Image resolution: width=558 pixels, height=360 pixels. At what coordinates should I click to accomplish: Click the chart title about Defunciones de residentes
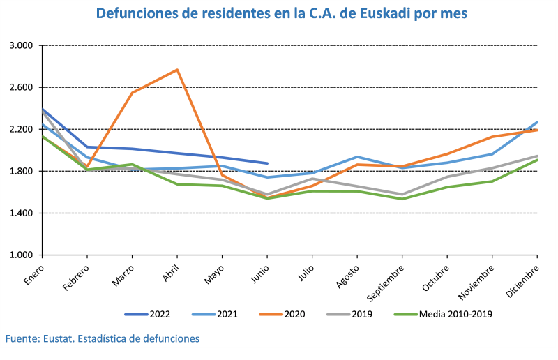(282, 14)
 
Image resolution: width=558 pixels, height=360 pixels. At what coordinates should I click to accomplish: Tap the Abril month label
(169, 271)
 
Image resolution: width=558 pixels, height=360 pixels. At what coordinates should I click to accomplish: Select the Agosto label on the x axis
(346, 273)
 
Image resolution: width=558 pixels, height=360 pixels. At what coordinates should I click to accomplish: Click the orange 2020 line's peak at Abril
(177, 70)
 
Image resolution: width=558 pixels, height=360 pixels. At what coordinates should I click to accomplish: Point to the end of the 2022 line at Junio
(267, 163)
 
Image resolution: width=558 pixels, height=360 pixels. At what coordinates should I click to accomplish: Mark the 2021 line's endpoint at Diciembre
(537, 122)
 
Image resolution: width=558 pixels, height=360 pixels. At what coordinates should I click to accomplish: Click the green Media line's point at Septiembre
(402, 199)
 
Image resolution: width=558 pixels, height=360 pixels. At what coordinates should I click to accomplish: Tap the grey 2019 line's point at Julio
(312, 179)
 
